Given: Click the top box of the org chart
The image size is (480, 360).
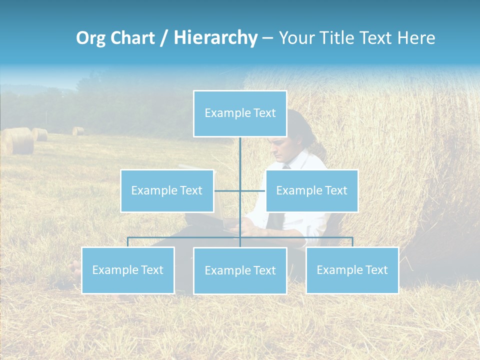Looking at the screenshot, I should [x=240, y=113].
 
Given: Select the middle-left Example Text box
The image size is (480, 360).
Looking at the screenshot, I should [x=167, y=190].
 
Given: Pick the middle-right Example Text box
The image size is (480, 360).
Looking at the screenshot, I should [x=311, y=190].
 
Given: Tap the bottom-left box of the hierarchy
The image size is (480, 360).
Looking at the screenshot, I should [x=128, y=270].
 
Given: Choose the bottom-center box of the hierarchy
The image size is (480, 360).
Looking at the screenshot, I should [x=240, y=270].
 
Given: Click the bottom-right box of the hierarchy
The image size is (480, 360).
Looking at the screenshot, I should [x=352, y=270].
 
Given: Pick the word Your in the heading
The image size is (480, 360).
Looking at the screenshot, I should [x=298, y=38].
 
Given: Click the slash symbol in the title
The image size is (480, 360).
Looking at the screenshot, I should [x=164, y=38].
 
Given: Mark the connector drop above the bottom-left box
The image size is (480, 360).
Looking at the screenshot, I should [x=128, y=242].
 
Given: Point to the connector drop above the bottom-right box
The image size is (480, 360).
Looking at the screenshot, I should [x=352, y=242].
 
